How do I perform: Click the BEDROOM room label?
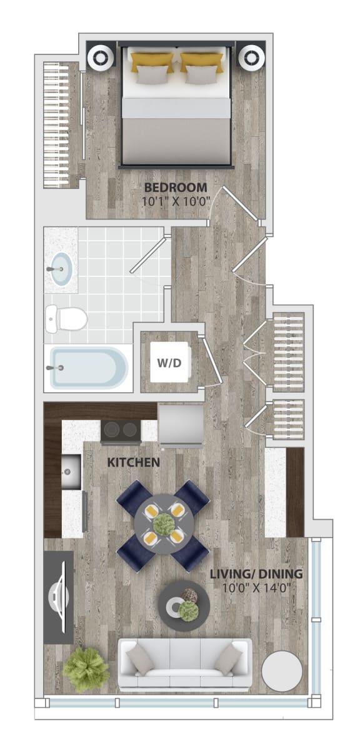[x=176, y=188]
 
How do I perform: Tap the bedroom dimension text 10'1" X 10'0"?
[x=176, y=202]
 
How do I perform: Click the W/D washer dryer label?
[x=169, y=363]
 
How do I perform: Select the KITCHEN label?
[x=133, y=462]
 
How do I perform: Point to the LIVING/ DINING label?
[x=256, y=574]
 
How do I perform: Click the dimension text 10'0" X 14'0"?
[x=256, y=588]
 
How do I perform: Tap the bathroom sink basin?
[x=61, y=270]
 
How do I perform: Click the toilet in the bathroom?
[x=66, y=318]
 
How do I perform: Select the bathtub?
[x=89, y=368]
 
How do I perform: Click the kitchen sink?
[x=71, y=471]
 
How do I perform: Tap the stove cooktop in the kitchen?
[x=121, y=430]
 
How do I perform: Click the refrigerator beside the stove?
[x=181, y=425]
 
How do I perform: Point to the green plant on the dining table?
[x=164, y=524]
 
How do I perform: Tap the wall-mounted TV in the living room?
[x=59, y=597]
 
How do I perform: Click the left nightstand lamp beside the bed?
[x=100, y=58]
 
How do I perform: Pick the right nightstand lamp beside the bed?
[x=251, y=58]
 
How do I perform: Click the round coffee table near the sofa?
[x=184, y=605]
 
